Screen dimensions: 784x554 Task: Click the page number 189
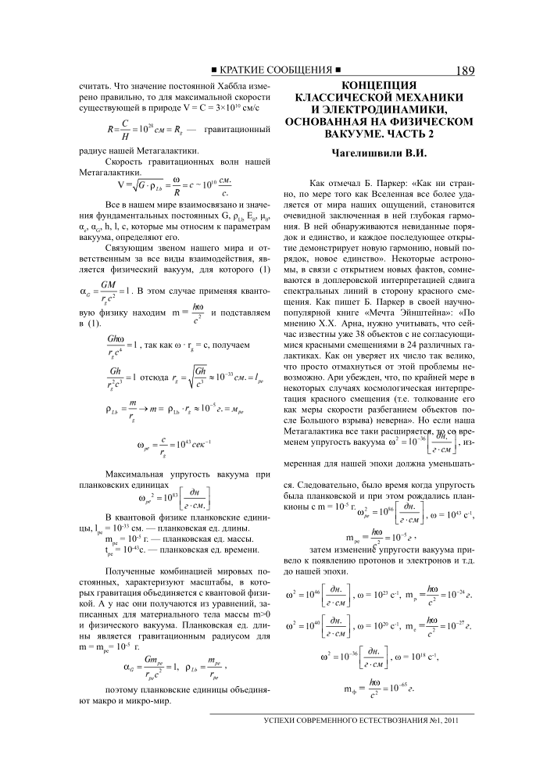[x=463, y=70]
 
